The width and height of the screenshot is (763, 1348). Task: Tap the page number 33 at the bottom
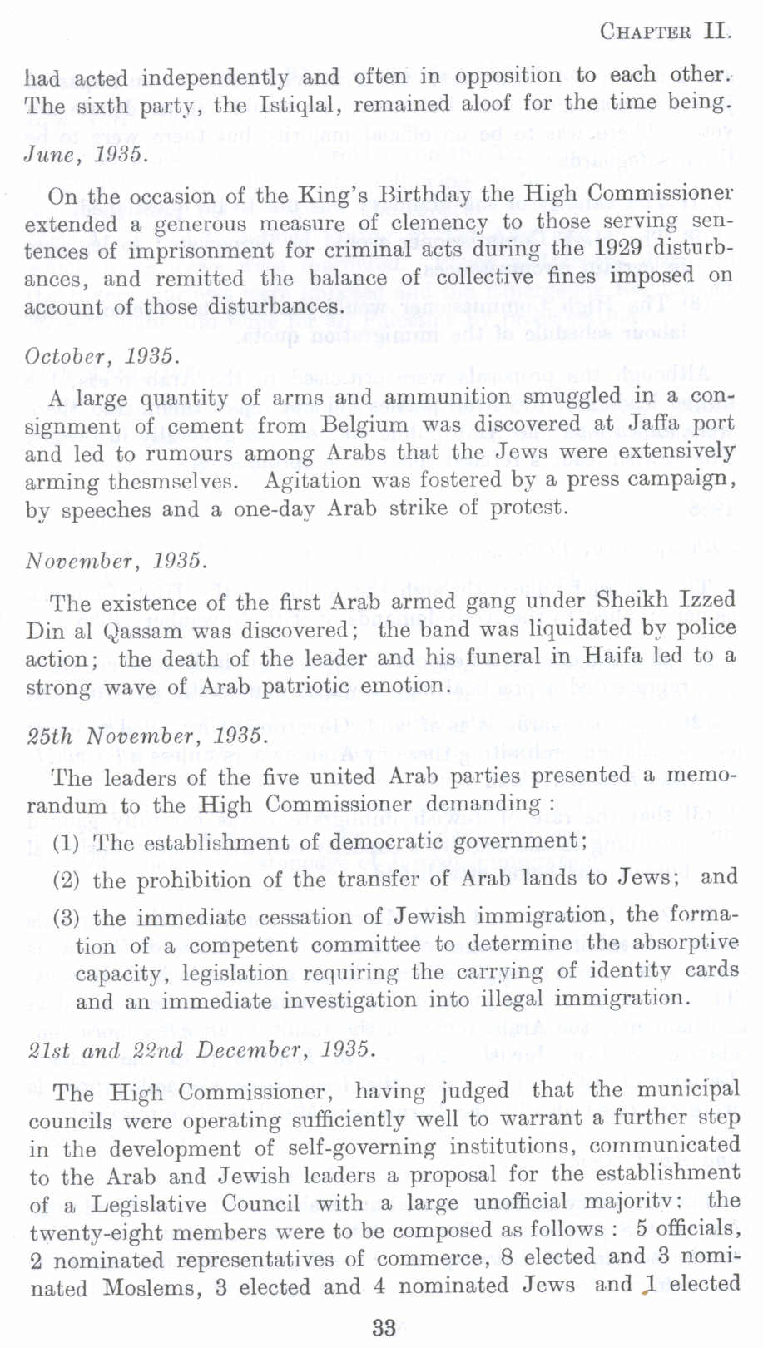[x=384, y=1326]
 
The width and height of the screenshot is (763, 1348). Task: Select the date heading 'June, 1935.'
[x=87, y=155]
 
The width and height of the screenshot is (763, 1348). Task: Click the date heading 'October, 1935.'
[x=102, y=356]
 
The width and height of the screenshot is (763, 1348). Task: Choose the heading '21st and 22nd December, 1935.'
[x=201, y=1049]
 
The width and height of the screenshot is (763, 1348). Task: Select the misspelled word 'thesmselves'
[x=171, y=482]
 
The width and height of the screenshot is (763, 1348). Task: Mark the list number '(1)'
[x=66, y=843]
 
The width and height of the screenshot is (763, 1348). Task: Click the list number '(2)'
[x=66, y=880]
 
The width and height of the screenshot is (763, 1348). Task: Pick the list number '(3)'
[x=66, y=918]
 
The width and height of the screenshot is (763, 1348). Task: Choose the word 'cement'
[x=206, y=426]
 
